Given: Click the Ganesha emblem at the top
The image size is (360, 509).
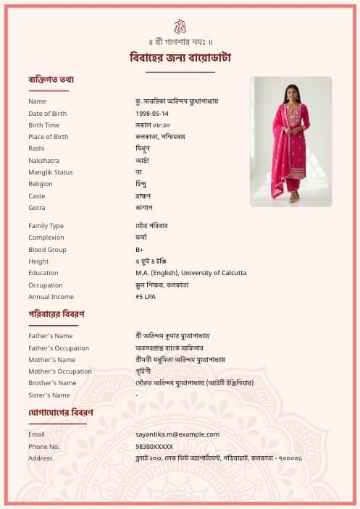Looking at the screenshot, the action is pos(180,26).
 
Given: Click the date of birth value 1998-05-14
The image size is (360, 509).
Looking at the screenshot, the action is pos(152,114).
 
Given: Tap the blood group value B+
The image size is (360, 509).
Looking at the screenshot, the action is pos(139,250).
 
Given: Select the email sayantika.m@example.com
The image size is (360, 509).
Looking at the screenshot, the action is pos(177,434).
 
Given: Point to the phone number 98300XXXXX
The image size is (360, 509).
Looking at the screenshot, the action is pos(154,447).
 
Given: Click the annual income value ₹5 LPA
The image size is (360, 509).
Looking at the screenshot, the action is pos(146,297).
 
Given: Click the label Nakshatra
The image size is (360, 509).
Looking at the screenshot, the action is pos(43,161).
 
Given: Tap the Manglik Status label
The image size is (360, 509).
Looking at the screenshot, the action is pos(51,172).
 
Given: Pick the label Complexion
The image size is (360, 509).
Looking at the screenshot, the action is pos(46,238).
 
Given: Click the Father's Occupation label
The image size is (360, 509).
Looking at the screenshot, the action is pos(59,348).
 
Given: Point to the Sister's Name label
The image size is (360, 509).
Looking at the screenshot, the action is pos(49,395).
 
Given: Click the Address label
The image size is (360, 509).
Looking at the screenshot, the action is pos(40,458).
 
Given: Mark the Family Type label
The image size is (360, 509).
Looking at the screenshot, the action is pos(46,226).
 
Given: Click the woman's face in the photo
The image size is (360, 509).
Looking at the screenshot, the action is pos(292,92).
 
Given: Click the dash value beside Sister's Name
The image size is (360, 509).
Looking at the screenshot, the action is pos(136,395).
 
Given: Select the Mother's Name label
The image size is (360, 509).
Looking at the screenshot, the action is pos(51,360).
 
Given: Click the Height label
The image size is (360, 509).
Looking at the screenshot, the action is pos(38,261).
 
